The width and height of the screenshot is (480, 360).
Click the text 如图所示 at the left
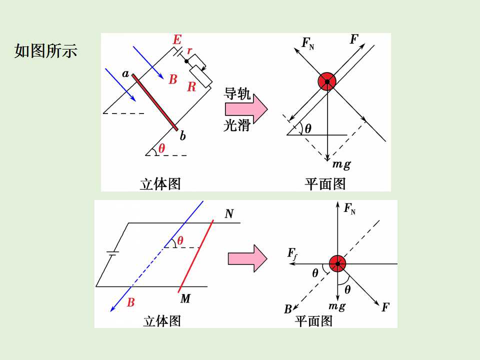(x=45, y=50)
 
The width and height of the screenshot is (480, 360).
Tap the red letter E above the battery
(x=177, y=40)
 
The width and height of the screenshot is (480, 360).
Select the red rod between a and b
(x=154, y=102)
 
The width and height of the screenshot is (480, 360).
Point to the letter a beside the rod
(x=125, y=74)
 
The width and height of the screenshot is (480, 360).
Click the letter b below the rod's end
(x=183, y=135)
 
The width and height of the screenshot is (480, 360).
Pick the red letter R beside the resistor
(x=191, y=86)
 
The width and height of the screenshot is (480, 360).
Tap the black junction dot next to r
(x=186, y=61)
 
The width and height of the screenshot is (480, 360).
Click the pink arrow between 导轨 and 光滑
(x=246, y=108)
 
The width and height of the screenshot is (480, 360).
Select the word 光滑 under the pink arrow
(x=237, y=125)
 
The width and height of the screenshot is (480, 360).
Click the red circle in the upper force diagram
(x=327, y=81)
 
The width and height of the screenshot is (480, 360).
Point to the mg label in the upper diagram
(x=341, y=164)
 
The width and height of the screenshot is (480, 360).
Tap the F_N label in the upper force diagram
(x=308, y=43)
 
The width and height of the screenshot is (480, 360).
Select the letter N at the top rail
(x=229, y=213)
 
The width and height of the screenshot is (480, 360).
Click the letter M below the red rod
(x=185, y=298)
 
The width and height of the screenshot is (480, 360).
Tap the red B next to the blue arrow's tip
(x=130, y=302)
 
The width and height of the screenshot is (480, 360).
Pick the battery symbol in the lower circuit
(x=112, y=253)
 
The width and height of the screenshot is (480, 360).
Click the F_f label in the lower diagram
(x=292, y=254)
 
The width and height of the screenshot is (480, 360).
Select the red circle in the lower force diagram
(x=337, y=263)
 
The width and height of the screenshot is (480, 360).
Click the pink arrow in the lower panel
(x=247, y=258)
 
